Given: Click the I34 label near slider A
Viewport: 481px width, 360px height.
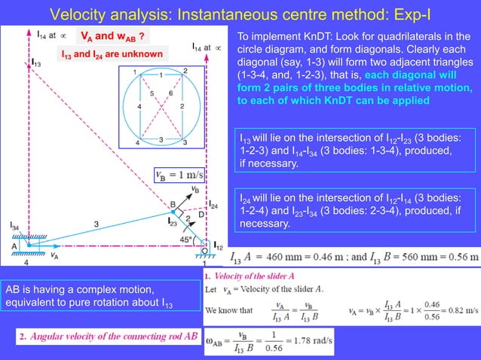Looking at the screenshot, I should (x=15, y=225).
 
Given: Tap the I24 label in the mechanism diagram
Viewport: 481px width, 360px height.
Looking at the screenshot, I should (x=213, y=205).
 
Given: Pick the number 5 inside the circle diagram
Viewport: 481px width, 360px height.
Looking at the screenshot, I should (x=152, y=93).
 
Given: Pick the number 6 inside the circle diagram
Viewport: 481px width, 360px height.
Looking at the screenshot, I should (x=172, y=93).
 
